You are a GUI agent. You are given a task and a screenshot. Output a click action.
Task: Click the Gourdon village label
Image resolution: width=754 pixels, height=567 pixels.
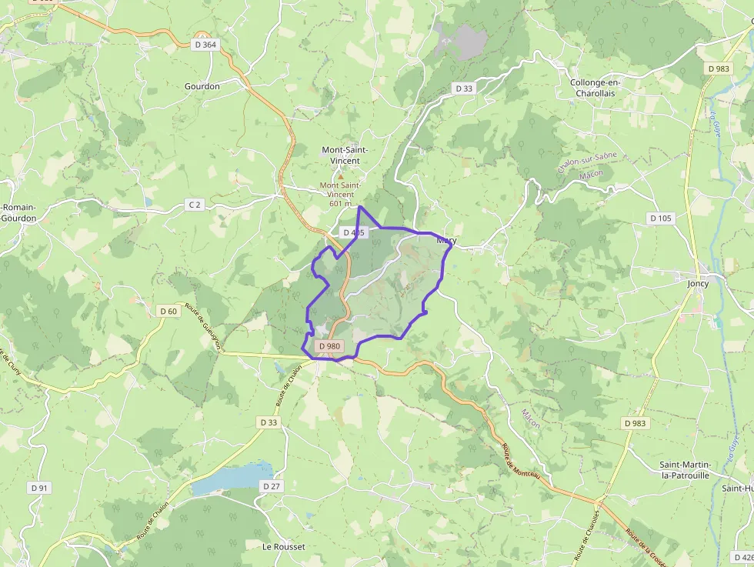(202, 86)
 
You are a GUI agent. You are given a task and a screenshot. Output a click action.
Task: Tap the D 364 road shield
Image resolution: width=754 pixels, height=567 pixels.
(205, 45)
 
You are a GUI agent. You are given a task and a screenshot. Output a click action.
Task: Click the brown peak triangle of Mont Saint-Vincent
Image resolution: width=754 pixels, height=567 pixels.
(341, 176)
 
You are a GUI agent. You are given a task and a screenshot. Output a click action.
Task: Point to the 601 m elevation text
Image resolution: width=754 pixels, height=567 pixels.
(339, 203)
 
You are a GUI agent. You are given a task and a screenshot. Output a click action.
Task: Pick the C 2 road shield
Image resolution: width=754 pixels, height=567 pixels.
(195, 205)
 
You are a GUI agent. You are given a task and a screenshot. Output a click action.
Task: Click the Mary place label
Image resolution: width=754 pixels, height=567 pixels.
(446, 240)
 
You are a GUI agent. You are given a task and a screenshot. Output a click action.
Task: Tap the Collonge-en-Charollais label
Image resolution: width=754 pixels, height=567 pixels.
(596, 88)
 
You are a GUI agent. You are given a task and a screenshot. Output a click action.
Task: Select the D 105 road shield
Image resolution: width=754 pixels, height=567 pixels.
(660, 218)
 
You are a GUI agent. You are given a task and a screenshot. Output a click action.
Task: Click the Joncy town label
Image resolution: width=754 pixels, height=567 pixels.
(698, 284)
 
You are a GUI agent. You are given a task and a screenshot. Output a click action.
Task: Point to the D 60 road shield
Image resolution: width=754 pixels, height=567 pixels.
(168, 311)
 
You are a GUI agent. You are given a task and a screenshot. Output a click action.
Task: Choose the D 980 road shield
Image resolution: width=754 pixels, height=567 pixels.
(329, 346)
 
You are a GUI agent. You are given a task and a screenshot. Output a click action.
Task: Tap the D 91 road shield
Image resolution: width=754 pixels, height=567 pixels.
(38, 488)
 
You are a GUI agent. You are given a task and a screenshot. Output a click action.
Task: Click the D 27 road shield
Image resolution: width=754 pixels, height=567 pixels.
(271, 486)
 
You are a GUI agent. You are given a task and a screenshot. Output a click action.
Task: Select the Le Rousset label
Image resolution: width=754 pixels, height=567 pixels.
(283, 547)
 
